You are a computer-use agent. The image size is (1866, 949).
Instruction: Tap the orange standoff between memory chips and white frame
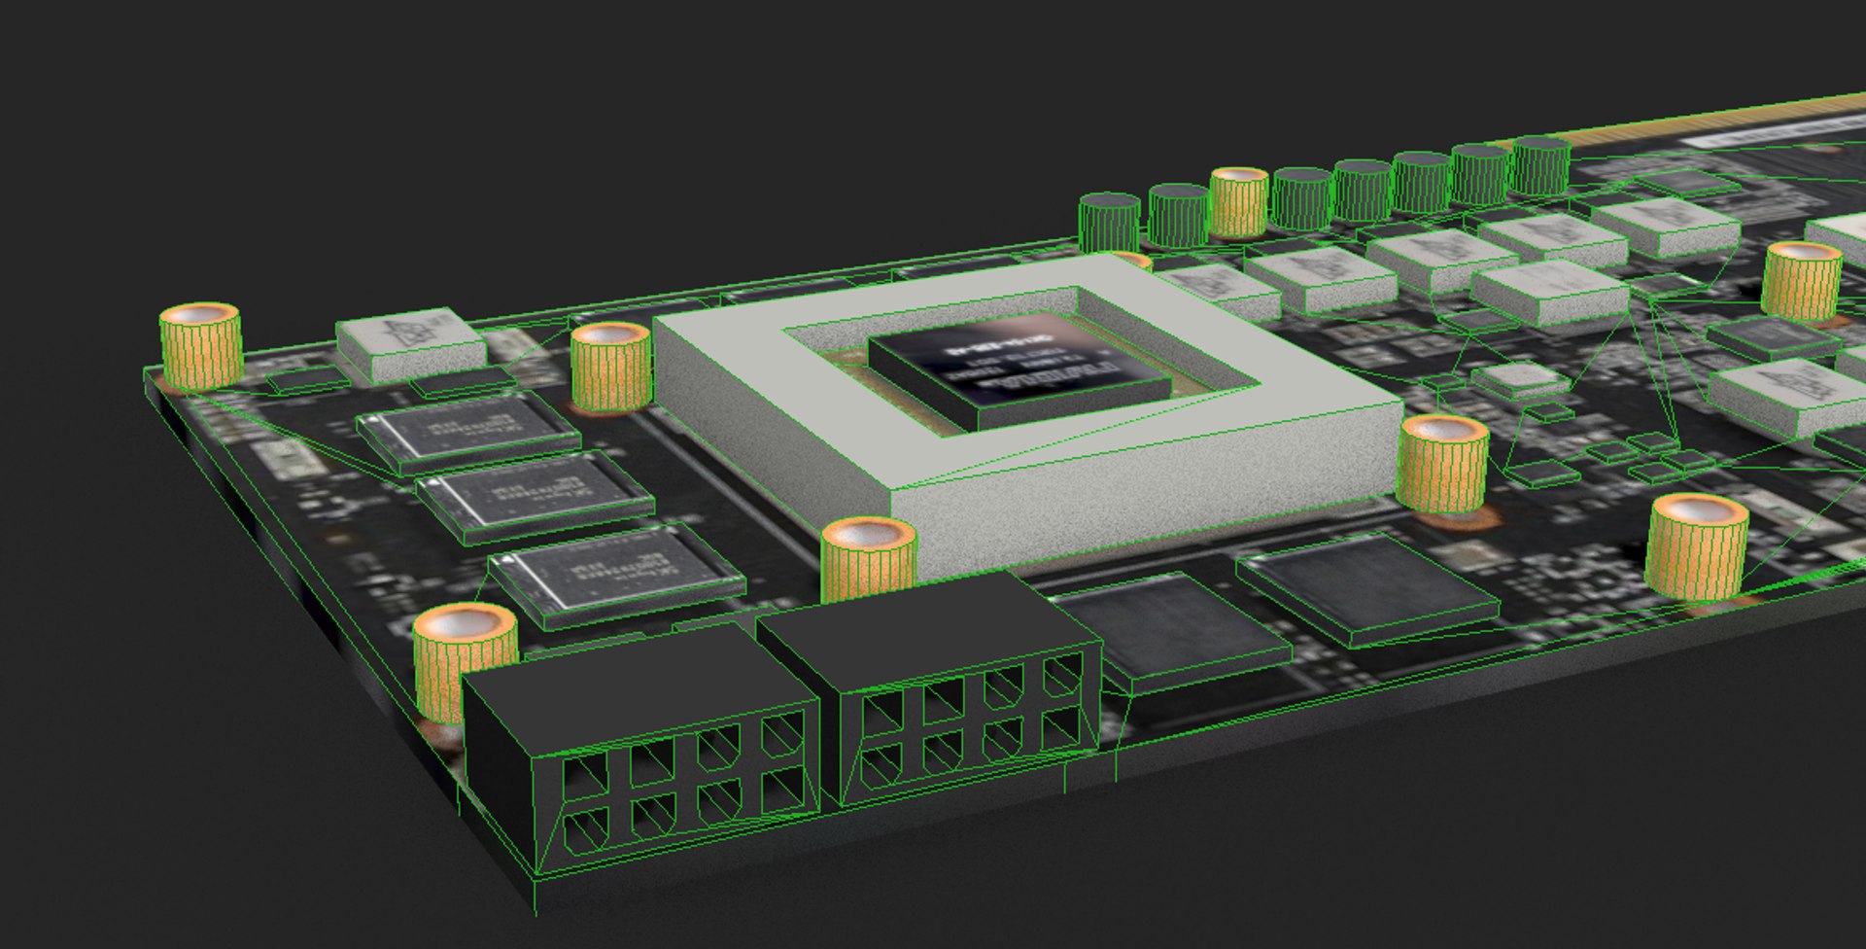click(610, 366)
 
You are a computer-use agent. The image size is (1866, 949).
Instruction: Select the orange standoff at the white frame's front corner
click(868, 559)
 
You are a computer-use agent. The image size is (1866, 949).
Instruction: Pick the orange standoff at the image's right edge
click(1801, 280)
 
